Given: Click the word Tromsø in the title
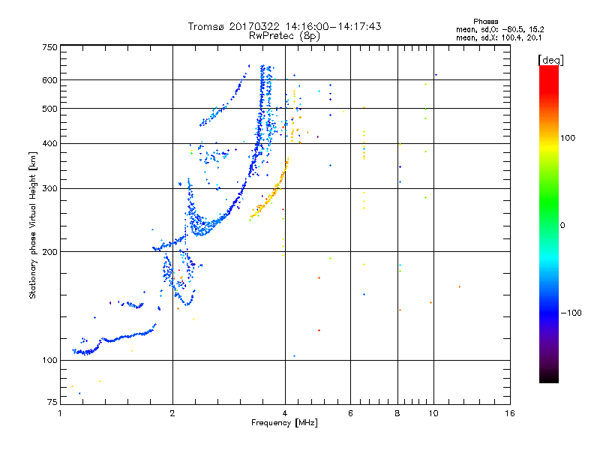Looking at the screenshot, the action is point(206,26).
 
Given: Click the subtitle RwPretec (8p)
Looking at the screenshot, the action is point(284,36).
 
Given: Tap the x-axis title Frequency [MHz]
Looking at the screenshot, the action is point(284,422).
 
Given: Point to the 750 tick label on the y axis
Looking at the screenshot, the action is point(49,47).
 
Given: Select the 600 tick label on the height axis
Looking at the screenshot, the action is point(49,80).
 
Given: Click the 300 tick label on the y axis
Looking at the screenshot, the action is point(49,189).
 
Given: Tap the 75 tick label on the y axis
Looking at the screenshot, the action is point(52,402).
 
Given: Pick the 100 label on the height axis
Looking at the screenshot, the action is point(49,360).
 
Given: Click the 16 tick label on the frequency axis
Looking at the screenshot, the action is point(510,413).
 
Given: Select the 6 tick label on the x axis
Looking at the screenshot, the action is point(350,413).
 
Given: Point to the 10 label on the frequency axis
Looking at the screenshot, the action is point(433,413).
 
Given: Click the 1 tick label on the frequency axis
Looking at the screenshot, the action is point(60,413).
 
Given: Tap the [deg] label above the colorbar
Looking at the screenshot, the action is point(550,60).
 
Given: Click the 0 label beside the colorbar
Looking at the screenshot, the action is point(562,226).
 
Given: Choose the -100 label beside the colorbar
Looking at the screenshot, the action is point(571,313).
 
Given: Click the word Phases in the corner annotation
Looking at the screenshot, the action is point(485,22).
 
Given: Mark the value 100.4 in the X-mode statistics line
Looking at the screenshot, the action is point(511,38).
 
